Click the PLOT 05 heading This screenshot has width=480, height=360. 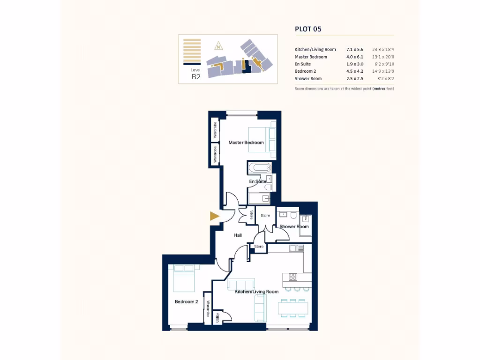[308, 29]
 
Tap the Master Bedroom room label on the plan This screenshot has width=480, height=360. [246, 142]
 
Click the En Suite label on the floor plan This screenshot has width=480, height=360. [257, 181]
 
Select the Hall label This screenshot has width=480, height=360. [238, 235]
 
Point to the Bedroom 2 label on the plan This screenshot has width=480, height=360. [186, 301]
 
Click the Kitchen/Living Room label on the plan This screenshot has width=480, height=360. [256, 292]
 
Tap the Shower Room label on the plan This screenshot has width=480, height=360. [294, 226]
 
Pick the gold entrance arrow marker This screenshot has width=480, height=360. [214, 216]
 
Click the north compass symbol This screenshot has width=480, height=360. [218, 46]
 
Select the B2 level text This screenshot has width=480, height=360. [196, 77]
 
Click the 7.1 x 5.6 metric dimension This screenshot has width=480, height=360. [354, 49]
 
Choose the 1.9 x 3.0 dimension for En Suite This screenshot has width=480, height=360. [354, 64]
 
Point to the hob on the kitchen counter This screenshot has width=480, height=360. [292, 277]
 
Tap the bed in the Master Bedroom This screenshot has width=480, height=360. [259, 140]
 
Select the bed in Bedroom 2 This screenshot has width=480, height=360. [184, 280]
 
